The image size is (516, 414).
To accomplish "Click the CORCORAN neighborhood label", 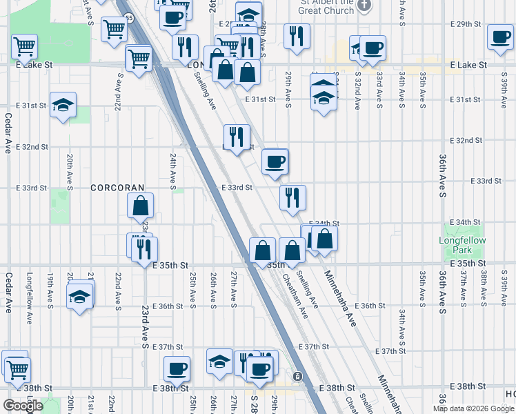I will pos(118,188).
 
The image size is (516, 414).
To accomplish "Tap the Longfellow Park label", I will pos(462,245).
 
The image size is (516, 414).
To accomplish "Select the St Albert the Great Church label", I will pos(326,7).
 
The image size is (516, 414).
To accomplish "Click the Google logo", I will pos(22,406).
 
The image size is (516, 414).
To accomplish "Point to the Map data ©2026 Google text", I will pos(473,408).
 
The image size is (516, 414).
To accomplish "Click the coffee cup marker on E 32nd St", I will pos(275,162).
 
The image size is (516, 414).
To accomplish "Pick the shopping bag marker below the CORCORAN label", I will pos(140,206).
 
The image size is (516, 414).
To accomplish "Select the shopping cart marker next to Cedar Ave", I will pos(24,47).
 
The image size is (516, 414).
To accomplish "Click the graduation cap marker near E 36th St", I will pos(80,297).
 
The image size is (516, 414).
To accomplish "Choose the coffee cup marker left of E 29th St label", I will pos(373,48).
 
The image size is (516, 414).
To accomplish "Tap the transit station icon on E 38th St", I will pos(297,376).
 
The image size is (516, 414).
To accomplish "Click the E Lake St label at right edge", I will pos(468,65).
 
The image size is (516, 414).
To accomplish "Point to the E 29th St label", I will pos(464,24).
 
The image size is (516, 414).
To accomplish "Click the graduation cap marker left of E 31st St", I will pos(63,105).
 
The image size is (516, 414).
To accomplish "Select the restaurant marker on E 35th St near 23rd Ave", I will pos(145,248).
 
